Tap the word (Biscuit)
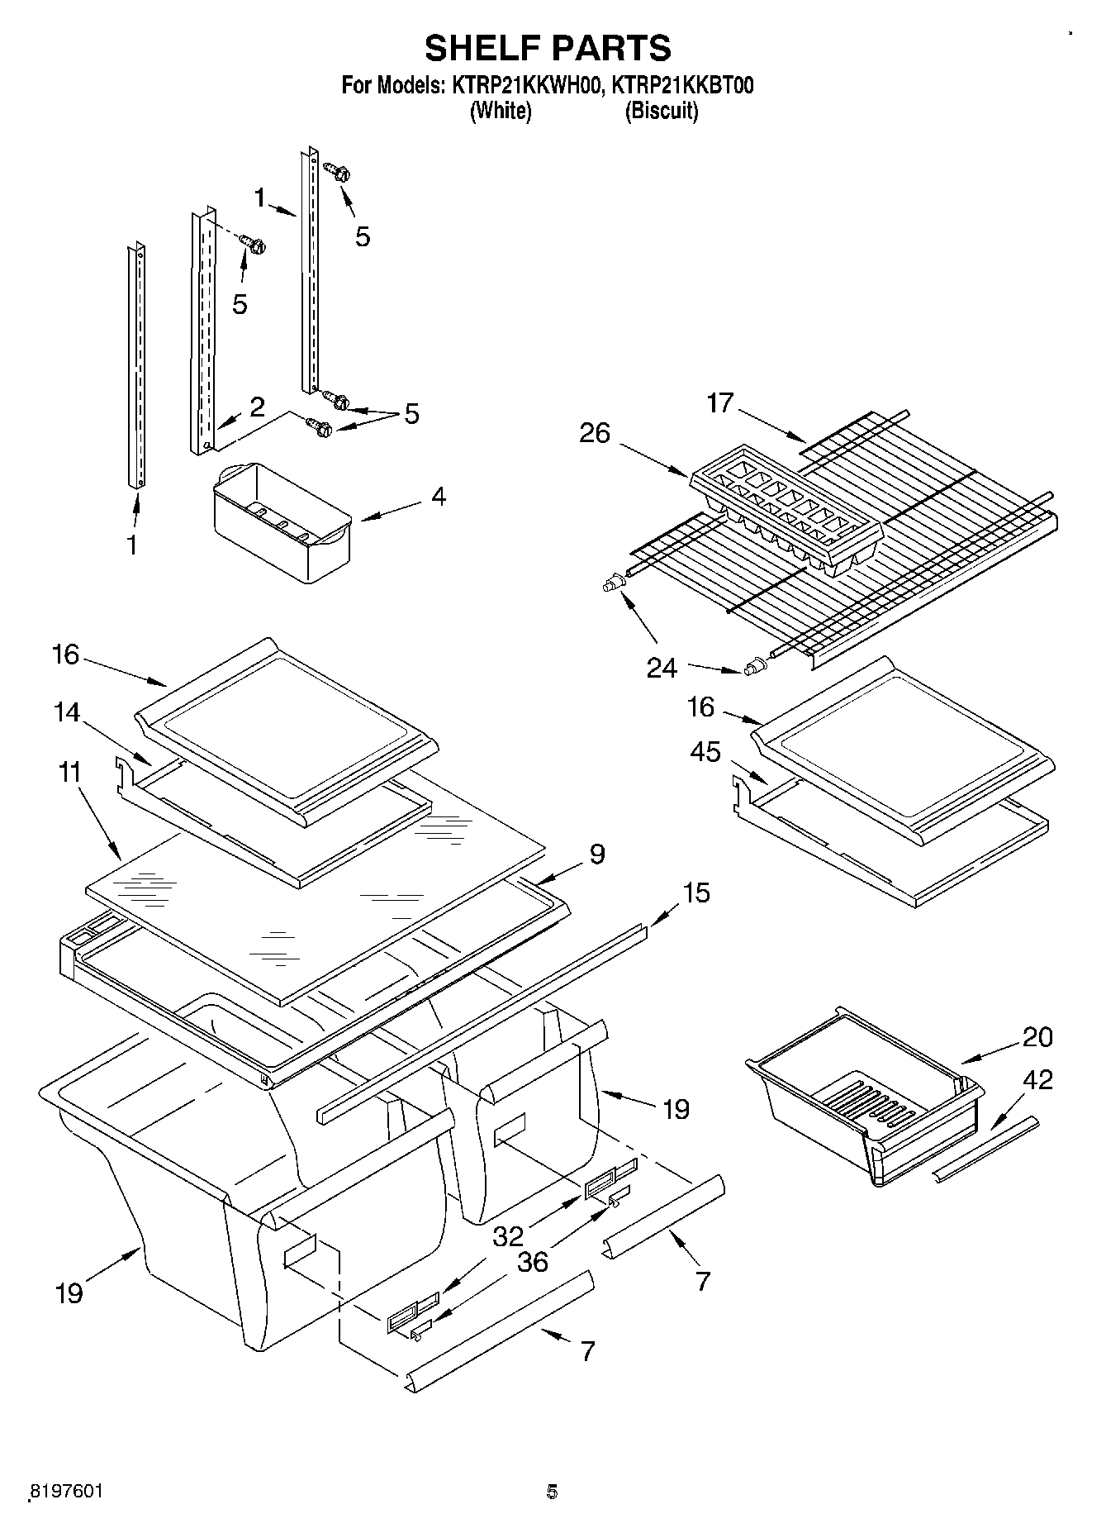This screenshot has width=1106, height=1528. click(661, 111)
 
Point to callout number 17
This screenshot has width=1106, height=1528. click(720, 403)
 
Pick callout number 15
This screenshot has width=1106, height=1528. click(695, 893)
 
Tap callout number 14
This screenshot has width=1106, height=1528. click(67, 712)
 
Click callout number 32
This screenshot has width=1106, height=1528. click(509, 1235)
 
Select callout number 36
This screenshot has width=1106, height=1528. click(533, 1262)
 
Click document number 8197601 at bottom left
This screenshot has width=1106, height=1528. click(65, 1490)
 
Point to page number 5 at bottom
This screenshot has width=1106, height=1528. click(552, 1491)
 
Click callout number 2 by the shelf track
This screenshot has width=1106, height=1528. click(257, 407)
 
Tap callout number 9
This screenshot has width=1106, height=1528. click(597, 854)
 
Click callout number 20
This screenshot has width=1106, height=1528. click(1037, 1036)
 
